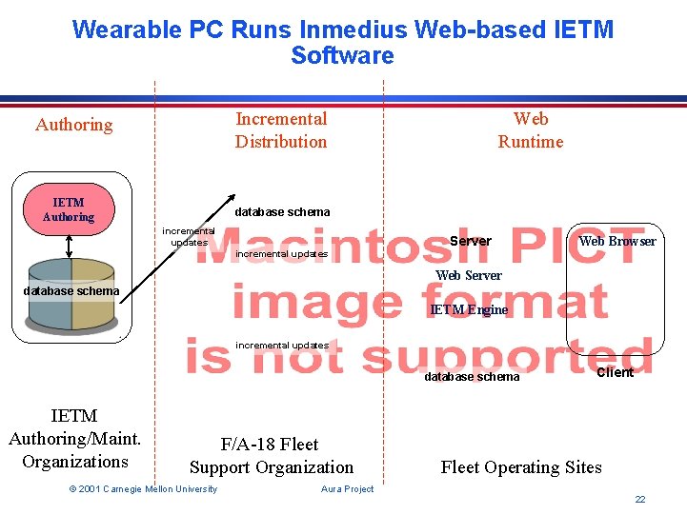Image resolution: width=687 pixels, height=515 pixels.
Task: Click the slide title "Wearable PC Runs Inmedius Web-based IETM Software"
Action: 343,42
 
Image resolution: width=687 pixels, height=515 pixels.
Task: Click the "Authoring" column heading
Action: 73,125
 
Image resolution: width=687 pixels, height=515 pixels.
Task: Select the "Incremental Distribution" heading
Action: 281,130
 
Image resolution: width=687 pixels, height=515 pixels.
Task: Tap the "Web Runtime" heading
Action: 531,130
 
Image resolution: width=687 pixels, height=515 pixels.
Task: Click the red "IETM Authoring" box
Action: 69,209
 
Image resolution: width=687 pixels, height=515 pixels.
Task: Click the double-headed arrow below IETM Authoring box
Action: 70,245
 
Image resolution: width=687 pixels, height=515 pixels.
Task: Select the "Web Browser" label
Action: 617,241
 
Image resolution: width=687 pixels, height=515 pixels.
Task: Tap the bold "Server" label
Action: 471,241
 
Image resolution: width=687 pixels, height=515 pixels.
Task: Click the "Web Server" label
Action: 469,275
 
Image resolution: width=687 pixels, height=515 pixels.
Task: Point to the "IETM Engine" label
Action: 469,309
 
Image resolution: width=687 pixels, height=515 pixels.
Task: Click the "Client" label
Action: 615,372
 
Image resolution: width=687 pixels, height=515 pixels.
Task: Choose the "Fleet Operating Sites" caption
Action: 521,467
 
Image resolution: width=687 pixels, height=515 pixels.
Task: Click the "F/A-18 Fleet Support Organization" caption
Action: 272,456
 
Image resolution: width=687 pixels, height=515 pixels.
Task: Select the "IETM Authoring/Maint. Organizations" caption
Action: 74,439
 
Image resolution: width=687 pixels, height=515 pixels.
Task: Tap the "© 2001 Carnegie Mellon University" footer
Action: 143,489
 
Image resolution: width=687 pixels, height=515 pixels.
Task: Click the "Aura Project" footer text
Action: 348,489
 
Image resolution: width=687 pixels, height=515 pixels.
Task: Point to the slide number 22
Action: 640,500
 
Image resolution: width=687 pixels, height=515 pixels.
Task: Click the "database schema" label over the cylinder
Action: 72,291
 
